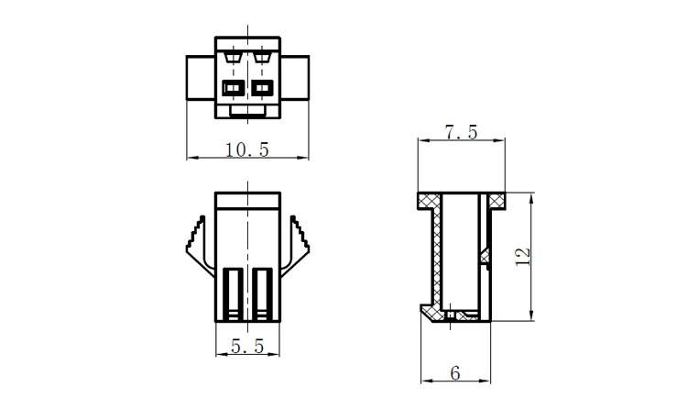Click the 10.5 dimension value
pyautogui.click(x=246, y=149)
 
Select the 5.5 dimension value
pyautogui.click(x=247, y=347)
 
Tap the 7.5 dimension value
pyautogui.click(x=461, y=132)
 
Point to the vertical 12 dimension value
pyautogui.click(x=523, y=257)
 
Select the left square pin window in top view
pyautogui.click(x=233, y=89)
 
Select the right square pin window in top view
pyautogui.click(x=264, y=89)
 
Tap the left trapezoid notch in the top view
pyautogui.click(x=233, y=57)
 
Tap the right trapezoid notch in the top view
pyautogui.click(x=264, y=57)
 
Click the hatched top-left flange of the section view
pyautogui.click(x=429, y=200)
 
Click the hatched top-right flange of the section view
pyautogui.click(x=496, y=200)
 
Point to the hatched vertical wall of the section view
pyautogui.click(x=439, y=257)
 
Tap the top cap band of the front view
pyautogui.click(x=248, y=201)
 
